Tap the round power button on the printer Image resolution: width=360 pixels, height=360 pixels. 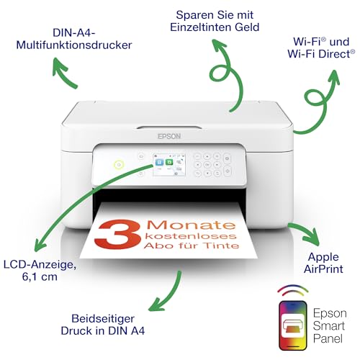(x=119, y=164)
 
